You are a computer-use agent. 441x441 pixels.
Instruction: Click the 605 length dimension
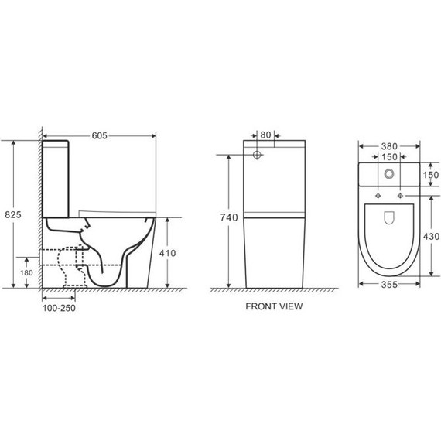click(x=100, y=136)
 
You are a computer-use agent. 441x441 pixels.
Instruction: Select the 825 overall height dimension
click(x=13, y=215)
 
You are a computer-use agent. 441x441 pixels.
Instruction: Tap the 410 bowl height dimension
click(x=168, y=253)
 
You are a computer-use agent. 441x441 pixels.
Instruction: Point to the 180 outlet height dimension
click(x=26, y=272)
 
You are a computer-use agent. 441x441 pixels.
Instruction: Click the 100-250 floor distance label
click(x=59, y=308)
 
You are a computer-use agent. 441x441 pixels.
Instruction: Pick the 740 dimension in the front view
click(x=229, y=217)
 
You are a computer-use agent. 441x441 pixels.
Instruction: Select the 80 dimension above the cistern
click(x=265, y=135)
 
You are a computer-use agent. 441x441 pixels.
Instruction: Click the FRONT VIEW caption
click(x=274, y=306)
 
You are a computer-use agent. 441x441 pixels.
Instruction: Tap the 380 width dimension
click(x=389, y=146)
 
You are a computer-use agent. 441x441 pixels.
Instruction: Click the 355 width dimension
click(x=389, y=285)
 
